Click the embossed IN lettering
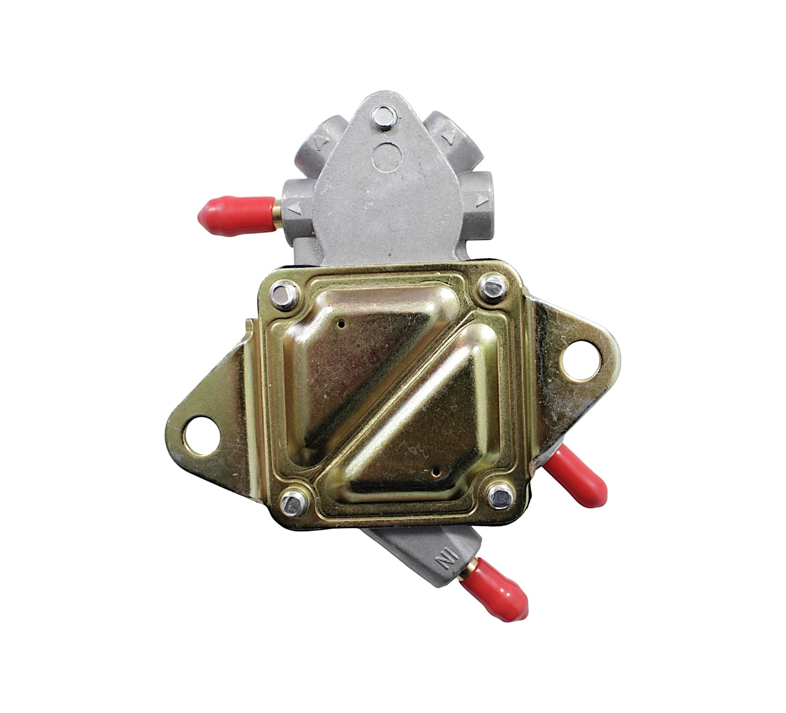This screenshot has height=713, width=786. pos(449,559)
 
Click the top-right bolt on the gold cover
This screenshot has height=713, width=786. pos(493,286)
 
